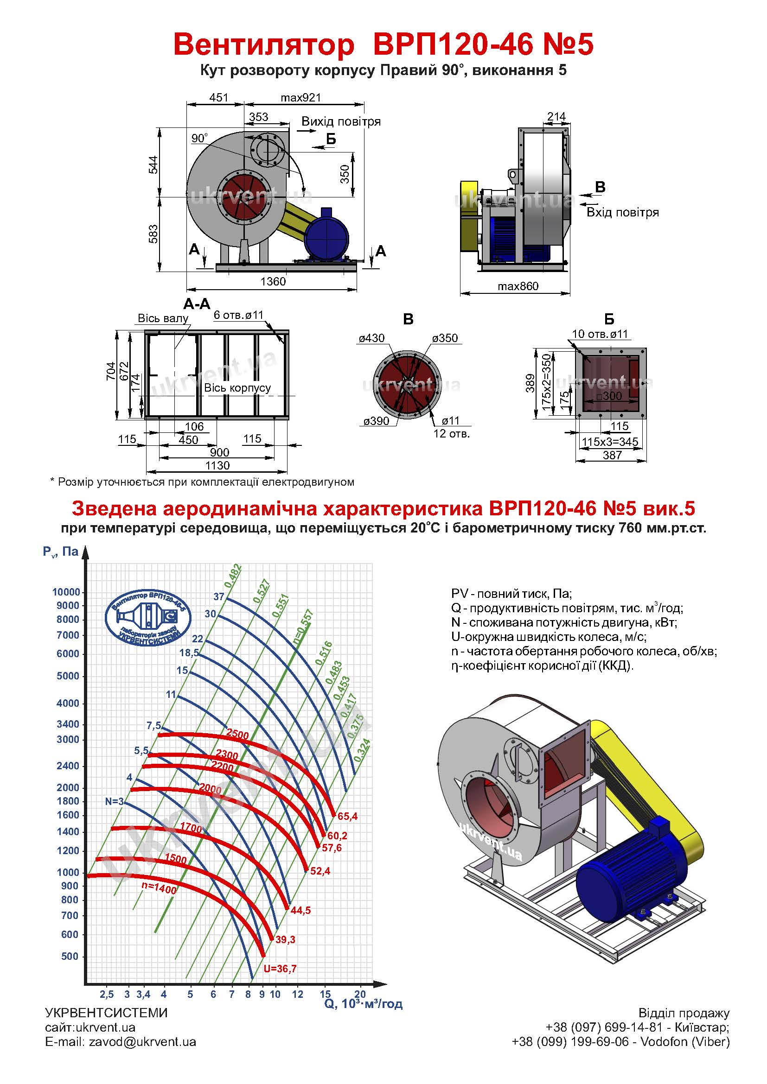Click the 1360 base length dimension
click(273, 282)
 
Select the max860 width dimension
click(518, 286)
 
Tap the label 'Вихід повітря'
click(340, 122)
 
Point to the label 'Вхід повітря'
click(622, 212)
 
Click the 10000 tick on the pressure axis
click(66, 592)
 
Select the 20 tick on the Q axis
click(360, 994)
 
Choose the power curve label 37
click(219, 597)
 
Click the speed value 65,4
click(348, 816)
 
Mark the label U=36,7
click(280, 969)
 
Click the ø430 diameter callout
click(372, 338)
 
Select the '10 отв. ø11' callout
click(600, 334)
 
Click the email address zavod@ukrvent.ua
click(142, 1042)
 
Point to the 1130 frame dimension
click(217, 465)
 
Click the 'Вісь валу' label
click(163, 318)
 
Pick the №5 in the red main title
click(566, 45)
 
